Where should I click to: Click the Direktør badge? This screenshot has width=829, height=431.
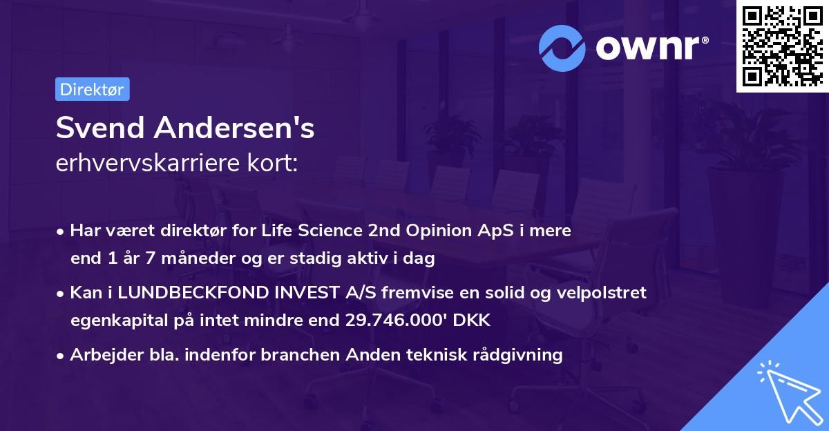coord(92,89)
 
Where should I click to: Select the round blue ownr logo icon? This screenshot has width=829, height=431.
coord(562,48)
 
